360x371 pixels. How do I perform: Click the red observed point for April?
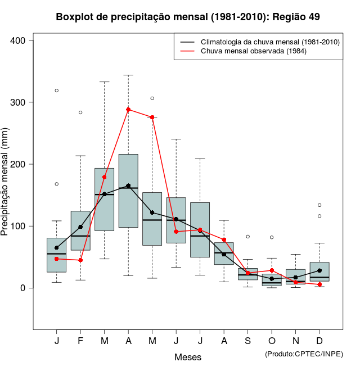[x=128, y=110]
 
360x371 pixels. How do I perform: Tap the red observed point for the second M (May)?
[x=152, y=117]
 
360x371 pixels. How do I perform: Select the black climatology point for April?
[x=128, y=185]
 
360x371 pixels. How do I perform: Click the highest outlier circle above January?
[x=57, y=91]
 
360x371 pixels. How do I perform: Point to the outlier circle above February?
[x=80, y=112]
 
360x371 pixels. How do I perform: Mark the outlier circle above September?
[x=247, y=237]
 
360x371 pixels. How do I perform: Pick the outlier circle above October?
[x=272, y=237]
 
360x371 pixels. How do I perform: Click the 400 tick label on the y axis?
[x=18, y=40]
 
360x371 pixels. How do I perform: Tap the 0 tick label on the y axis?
[x=24, y=288]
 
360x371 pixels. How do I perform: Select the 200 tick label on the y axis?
[x=18, y=164]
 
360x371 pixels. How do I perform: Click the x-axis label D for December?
[x=319, y=341]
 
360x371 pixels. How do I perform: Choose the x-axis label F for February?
[x=80, y=341]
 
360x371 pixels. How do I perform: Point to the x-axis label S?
[x=247, y=341]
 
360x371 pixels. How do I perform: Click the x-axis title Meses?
[x=188, y=358]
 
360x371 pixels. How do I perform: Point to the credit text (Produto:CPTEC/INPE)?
[x=304, y=354]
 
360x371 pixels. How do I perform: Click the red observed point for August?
[x=224, y=240]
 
